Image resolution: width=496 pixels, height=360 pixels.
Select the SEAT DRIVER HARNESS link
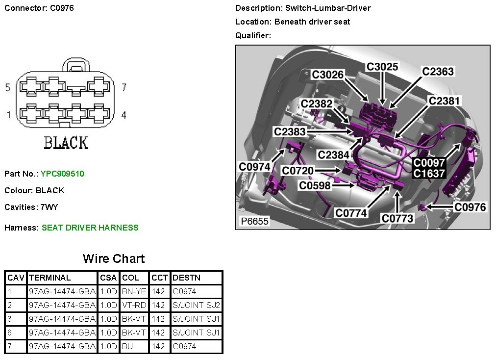[x=90, y=228]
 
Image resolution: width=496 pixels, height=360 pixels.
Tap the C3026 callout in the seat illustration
[x=328, y=75]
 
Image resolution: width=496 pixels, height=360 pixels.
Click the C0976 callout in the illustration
[x=470, y=207]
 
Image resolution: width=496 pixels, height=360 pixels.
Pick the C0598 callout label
[x=315, y=185]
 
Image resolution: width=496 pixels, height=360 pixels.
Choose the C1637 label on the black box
[x=428, y=173]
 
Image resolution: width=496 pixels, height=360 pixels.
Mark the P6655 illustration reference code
[x=254, y=221]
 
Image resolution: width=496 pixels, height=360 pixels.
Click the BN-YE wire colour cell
[x=134, y=291]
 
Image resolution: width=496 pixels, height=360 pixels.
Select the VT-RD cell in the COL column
[x=134, y=305]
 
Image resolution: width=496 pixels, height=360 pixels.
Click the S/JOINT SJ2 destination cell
[x=196, y=305]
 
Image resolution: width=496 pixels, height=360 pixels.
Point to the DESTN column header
[x=186, y=278]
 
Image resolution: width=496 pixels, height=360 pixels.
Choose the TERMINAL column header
[x=50, y=278]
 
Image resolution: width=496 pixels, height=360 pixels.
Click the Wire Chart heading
[x=114, y=258]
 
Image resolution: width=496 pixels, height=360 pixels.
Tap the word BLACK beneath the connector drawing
[x=66, y=143]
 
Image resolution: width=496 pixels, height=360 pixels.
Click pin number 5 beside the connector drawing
[x=7, y=88]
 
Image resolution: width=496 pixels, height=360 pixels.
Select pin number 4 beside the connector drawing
[x=124, y=115]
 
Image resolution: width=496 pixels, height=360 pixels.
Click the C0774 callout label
[x=351, y=213]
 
